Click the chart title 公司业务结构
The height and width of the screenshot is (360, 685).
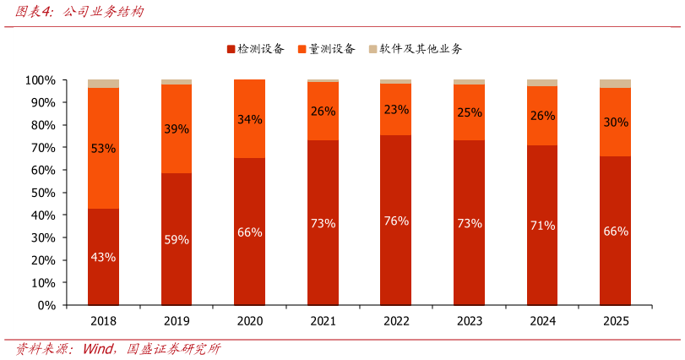click(x=103, y=11)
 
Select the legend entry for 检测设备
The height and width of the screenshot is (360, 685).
click(x=256, y=49)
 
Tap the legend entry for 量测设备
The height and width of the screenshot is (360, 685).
click(x=326, y=49)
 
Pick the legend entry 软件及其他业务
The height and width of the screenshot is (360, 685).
click(x=415, y=49)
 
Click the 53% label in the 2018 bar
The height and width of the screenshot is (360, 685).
click(x=103, y=149)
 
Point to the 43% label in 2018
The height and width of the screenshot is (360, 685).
click(x=103, y=258)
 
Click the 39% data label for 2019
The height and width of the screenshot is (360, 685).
click(x=177, y=129)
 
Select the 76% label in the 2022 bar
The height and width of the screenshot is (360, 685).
click(x=396, y=221)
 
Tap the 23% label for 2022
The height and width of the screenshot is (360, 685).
click(x=396, y=109)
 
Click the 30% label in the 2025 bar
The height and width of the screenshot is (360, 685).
click(x=616, y=123)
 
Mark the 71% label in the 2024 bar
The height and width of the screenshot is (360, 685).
click(x=542, y=226)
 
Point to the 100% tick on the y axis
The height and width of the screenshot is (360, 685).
click(x=41, y=80)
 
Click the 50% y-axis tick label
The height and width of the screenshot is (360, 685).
click(x=43, y=193)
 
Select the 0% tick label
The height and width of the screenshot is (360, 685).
click(x=46, y=305)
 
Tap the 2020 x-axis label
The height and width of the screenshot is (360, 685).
click(x=250, y=321)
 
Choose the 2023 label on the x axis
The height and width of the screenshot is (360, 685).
click(x=470, y=321)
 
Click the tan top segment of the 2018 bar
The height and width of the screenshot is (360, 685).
click(x=103, y=84)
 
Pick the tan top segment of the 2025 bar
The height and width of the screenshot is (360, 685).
click(x=615, y=84)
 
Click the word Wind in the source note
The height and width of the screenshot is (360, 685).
click(x=98, y=349)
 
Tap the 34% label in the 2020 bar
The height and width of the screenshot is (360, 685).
click(x=250, y=119)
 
